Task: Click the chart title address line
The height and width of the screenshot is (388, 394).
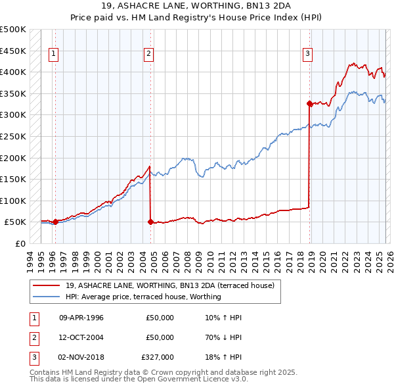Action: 197,7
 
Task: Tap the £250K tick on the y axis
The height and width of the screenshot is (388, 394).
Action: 13,136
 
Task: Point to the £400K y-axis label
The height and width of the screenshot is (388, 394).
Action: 13,72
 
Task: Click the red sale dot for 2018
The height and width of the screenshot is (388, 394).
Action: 309,103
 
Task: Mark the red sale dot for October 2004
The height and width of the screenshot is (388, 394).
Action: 150,222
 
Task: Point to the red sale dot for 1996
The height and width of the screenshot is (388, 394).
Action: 55,222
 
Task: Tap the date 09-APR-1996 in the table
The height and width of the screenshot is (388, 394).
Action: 81,318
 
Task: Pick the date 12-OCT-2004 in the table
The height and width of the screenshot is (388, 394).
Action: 81,337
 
